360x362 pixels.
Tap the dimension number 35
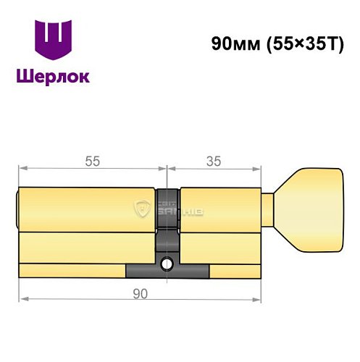(x=214, y=161)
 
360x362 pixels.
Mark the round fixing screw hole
(x=167, y=263)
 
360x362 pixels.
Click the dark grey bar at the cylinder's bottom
(x=167, y=271)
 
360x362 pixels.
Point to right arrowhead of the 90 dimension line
(x=256, y=298)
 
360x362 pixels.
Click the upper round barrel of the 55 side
(x=87, y=209)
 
